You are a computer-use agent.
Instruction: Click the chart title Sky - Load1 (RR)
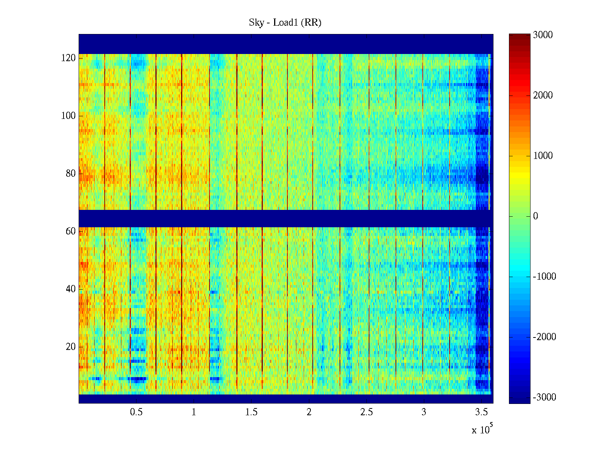(285, 23)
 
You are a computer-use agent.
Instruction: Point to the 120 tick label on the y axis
(68, 58)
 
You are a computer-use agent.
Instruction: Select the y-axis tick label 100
(68, 116)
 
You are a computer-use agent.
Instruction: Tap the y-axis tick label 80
(71, 174)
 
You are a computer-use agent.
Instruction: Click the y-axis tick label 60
(71, 231)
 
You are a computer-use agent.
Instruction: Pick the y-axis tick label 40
(71, 289)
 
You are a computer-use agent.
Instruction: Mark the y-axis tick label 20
(71, 347)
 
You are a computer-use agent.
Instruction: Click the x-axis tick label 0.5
(136, 412)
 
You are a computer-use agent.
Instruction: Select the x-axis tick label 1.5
(251, 412)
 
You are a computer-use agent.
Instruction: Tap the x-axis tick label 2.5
(366, 412)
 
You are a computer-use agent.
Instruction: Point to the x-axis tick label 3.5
(481, 412)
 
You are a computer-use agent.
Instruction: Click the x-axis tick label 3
(424, 412)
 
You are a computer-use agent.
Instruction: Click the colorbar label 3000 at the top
(543, 35)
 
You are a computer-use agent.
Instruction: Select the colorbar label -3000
(544, 398)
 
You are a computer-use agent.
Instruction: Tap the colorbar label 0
(535, 216)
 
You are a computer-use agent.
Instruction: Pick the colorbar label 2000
(543, 96)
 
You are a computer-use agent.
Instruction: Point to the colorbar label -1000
(544, 277)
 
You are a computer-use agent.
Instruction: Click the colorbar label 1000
(543, 156)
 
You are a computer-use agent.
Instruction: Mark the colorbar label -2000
(544, 337)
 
